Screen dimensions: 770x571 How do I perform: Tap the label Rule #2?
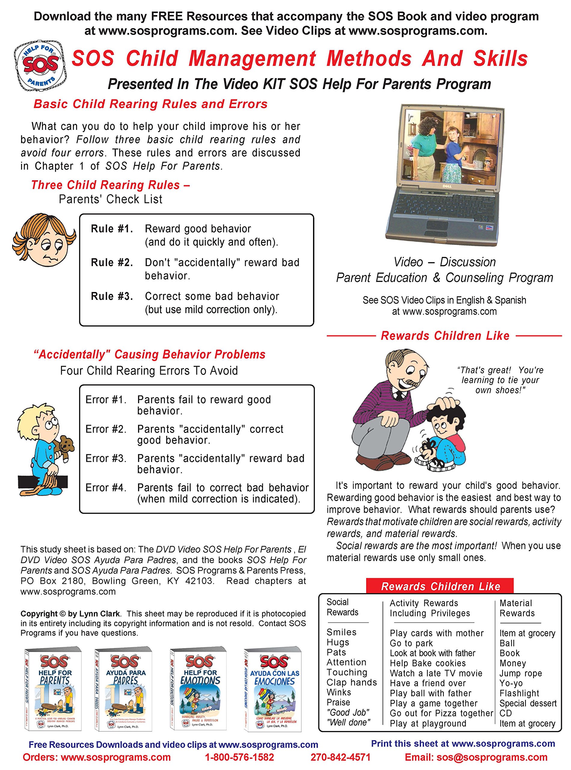coord(112,263)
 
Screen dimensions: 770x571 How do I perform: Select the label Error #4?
coord(106,488)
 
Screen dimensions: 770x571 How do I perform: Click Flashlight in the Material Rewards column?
coord(519,693)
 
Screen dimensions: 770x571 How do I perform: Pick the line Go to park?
coord(411,643)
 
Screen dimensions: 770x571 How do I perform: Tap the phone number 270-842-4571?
coord(340,757)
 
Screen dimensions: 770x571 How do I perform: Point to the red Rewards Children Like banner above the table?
coord(440,587)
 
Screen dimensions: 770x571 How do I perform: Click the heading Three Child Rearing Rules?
coord(110,185)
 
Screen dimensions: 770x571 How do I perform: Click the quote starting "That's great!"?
coord(500,380)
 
